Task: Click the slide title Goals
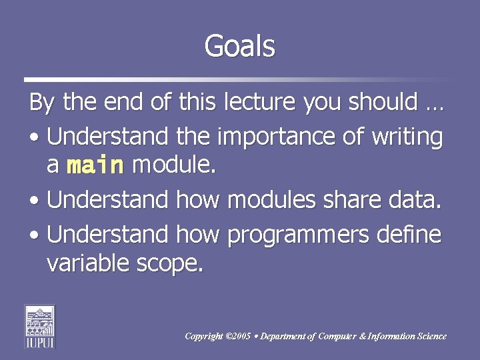tap(239, 47)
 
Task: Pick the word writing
tap(407, 137)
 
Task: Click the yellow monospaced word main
tap(95, 165)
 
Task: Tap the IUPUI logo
tap(40, 326)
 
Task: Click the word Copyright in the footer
tap(204, 337)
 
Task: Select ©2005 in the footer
tap(239, 337)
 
